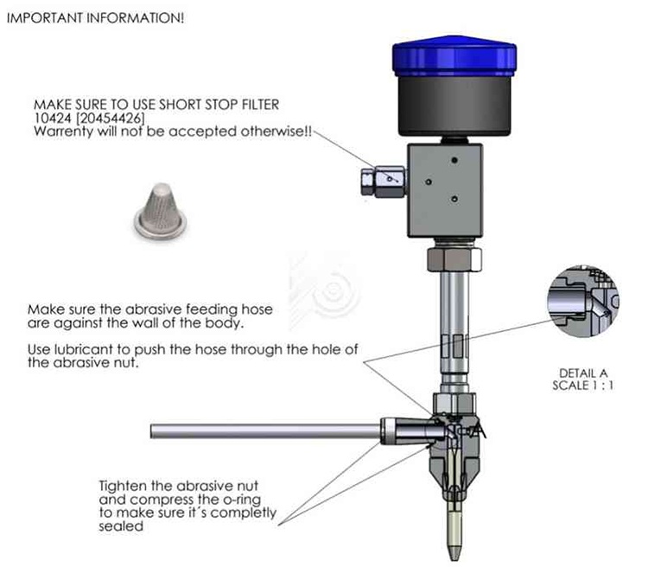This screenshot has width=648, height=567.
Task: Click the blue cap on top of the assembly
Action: [x=454, y=57]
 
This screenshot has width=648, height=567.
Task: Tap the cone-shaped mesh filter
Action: [x=160, y=212]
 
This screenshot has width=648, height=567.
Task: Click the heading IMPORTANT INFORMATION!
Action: [x=95, y=18]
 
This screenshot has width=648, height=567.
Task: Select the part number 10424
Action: [x=53, y=118]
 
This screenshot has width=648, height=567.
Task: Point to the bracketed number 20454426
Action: [x=111, y=118]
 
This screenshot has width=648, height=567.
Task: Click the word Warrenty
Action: [x=63, y=132]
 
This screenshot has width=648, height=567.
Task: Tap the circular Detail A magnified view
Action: [x=583, y=301]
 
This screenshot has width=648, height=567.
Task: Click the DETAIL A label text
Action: [x=583, y=373]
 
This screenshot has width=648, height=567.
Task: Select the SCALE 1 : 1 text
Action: [x=582, y=385]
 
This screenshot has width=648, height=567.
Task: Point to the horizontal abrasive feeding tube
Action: [x=265, y=431]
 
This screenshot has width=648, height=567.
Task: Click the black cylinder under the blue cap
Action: [x=454, y=105]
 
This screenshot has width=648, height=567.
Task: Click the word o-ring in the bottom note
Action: [x=241, y=500]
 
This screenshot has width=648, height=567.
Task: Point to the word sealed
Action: [x=121, y=526]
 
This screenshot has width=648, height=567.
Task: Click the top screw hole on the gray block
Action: [x=454, y=160]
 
